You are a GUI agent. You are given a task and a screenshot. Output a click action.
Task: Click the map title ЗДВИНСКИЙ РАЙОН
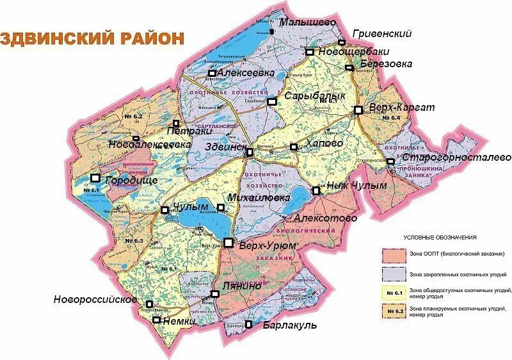[93, 38]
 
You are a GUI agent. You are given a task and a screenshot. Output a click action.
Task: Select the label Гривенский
[382, 34]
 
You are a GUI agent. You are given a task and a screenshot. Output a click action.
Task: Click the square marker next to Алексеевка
[211, 73]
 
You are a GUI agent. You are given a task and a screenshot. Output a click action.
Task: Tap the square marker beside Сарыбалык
[272, 101]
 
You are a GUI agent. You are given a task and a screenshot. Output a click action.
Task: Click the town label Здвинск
[224, 147]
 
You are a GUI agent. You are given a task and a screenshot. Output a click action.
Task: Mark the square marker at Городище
[95, 178]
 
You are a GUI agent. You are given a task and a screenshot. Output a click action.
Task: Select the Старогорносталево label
[456, 157]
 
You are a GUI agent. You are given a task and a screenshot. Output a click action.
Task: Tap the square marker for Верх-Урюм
[228, 241]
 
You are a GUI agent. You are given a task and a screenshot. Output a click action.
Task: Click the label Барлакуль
[290, 325]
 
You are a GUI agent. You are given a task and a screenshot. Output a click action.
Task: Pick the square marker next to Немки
[156, 319]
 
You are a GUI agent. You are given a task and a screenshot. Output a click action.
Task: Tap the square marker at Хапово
[294, 147]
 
